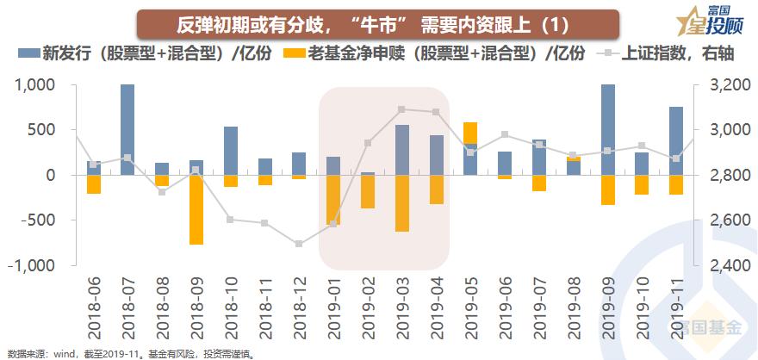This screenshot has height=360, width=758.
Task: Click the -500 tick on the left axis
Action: coord(35,220)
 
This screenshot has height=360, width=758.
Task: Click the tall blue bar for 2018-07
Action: coord(127,129)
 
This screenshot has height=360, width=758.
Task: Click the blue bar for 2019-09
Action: coord(608,129)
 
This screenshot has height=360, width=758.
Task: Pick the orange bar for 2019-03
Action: coord(402,203)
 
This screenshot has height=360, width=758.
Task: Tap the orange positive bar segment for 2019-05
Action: coord(470,133)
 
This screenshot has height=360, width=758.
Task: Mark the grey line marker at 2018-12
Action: coord(299,244)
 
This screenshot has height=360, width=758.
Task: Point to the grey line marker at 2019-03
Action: coord(402,109)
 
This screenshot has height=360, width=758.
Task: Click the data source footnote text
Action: coord(129,353)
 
